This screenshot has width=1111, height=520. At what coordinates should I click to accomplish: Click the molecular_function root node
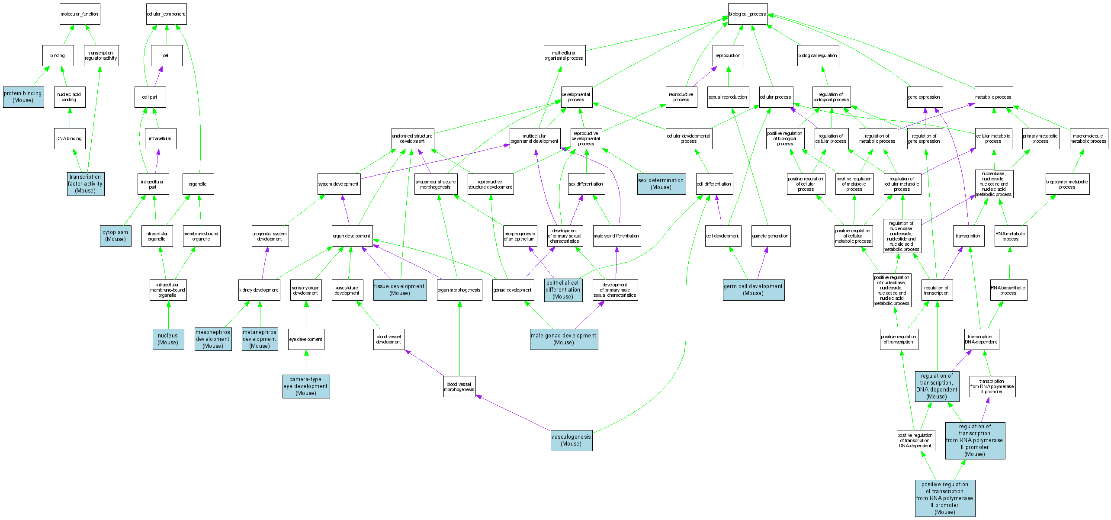(80, 14)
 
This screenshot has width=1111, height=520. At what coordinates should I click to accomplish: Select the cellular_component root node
(166, 14)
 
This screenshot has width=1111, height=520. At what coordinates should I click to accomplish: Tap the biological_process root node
(747, 14)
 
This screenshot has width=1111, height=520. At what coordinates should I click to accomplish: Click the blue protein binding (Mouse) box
(23, 97)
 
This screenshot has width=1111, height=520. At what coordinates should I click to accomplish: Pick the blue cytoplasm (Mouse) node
(116, 236)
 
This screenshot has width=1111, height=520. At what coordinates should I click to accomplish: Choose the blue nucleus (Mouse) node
(168, 339)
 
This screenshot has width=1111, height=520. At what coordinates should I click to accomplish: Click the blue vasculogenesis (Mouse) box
(571, 440)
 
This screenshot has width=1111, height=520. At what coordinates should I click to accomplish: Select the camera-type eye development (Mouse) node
(306, 386)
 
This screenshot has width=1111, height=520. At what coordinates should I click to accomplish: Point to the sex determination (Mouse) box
(661, 184)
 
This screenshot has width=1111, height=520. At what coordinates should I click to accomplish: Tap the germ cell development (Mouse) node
(753, 290)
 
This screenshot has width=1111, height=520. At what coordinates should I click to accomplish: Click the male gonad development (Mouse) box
(564, 339)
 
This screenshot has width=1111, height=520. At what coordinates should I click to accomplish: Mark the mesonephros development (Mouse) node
(213, 339)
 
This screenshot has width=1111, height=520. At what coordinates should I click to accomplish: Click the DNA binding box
(69, 139)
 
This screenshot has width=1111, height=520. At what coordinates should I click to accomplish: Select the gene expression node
(924, 97)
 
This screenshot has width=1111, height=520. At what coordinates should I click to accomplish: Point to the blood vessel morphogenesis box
(459, 387)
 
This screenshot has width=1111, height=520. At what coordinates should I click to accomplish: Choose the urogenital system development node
(270, 236)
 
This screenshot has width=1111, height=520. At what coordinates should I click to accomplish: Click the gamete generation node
(771, 236)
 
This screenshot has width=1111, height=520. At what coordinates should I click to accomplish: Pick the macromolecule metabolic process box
(1089, 139)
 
